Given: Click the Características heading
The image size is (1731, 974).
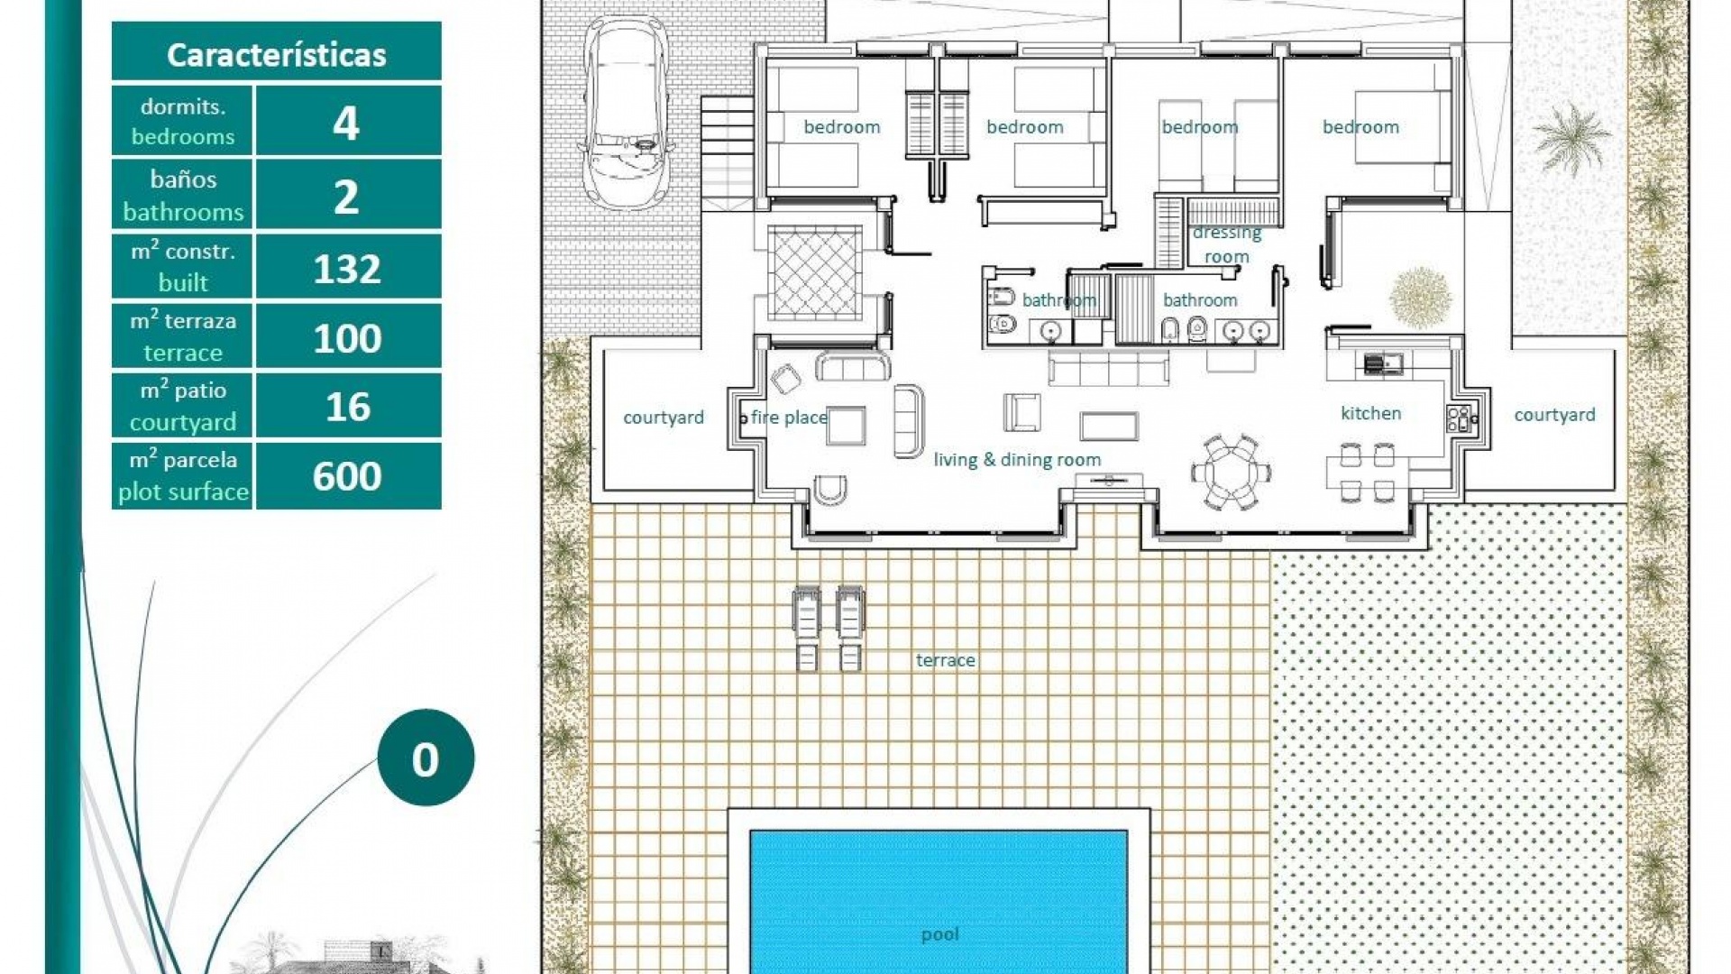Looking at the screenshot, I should pos(276,55).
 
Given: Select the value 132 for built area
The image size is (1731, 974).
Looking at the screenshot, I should pos(347,269).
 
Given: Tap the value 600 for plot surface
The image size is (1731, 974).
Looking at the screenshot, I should pos(347,476).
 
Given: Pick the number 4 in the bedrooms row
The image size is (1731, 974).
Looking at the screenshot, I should pos(346,123).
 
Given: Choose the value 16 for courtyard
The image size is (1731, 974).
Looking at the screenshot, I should pos(347,407).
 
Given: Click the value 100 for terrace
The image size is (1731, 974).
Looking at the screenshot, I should pos(347,338).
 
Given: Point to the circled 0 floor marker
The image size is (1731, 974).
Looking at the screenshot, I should pos(426,758).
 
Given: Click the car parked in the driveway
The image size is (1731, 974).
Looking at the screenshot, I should pos(626,113).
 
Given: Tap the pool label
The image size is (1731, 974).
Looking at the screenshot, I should pos(939,934).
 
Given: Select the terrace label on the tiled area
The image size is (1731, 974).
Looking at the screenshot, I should pos(945,660).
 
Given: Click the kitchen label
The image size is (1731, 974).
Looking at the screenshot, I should pos(1370,413).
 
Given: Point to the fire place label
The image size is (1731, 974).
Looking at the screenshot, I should pos(789,418).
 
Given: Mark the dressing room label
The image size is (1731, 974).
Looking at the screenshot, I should pos(1226,244).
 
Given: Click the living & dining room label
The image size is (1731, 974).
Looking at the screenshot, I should pos(1017,460).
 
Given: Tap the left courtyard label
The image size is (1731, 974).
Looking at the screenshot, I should pos(663,418).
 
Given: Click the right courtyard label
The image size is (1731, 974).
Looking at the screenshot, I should pos(1554,415).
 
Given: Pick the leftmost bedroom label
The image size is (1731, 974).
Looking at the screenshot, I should pos(841,127).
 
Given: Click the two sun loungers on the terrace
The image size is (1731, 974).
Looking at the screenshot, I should pos(828,628).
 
